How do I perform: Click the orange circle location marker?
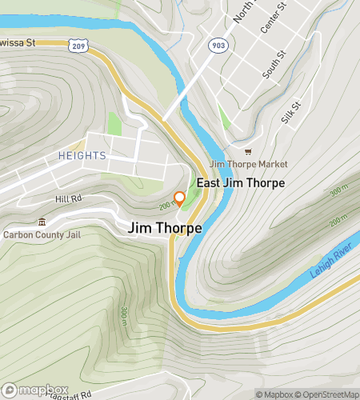tap(180, 197)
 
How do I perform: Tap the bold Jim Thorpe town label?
tap(165, 228)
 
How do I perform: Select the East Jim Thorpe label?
tap(241, 182)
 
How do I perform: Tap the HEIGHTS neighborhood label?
tap(82, 155)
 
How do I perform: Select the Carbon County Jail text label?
tap(46, 235)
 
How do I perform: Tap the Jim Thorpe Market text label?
tap(248, 164)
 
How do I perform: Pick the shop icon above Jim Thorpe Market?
tap(248, 151)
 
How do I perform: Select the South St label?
tap(274, 66)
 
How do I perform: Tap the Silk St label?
tap(290, 111)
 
